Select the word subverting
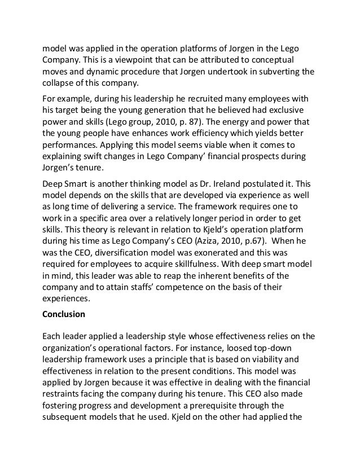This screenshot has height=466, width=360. click(x=278, y=72)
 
